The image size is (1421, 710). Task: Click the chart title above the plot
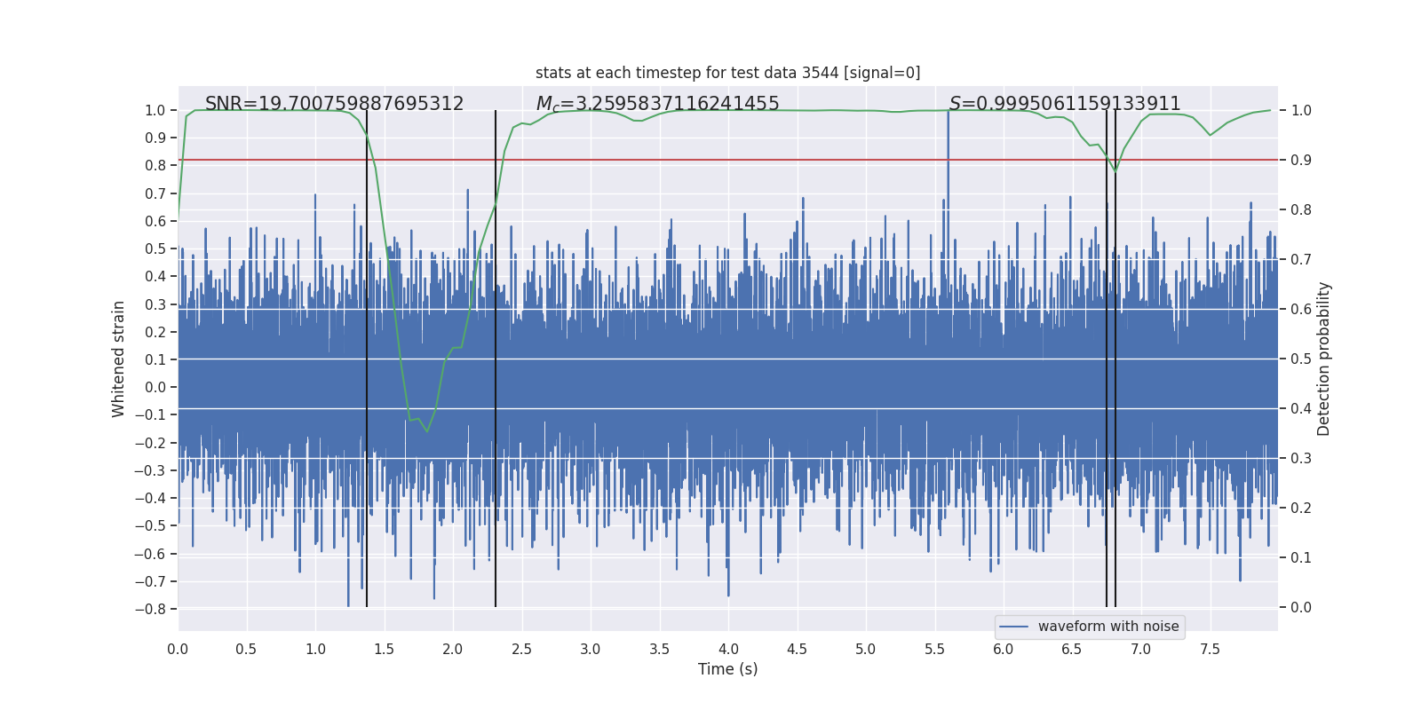727,73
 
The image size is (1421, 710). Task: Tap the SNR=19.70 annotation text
334,104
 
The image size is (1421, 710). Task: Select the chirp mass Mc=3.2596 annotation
657,104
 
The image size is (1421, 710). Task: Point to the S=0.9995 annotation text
1065,104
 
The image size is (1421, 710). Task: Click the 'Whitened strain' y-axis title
119,359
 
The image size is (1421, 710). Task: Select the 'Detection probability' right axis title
1323,359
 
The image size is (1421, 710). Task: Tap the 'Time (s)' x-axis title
727,669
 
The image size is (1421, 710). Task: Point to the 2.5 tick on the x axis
521,649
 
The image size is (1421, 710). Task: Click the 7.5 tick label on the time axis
1210,649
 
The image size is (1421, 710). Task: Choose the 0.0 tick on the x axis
178,649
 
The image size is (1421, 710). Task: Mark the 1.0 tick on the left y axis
155,110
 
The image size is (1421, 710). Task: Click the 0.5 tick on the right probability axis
1300,359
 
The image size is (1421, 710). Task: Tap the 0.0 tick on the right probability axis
1300,607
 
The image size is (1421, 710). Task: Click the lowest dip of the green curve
427,431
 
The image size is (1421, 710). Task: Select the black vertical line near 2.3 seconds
496,355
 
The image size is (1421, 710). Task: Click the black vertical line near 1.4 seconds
367,355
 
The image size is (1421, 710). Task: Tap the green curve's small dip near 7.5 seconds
1210,135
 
